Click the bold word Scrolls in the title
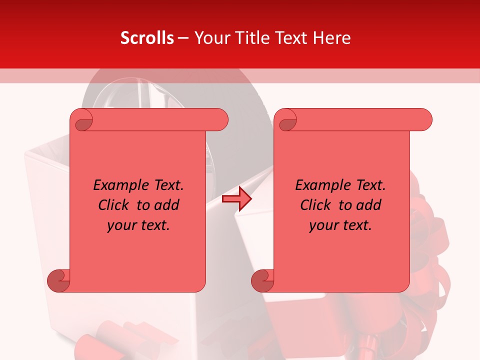pyautogui.click(x=147, y=38)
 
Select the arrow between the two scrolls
pyautogui.click(x=236, y=199)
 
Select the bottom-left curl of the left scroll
pyautogui.click(x=59, y=280)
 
